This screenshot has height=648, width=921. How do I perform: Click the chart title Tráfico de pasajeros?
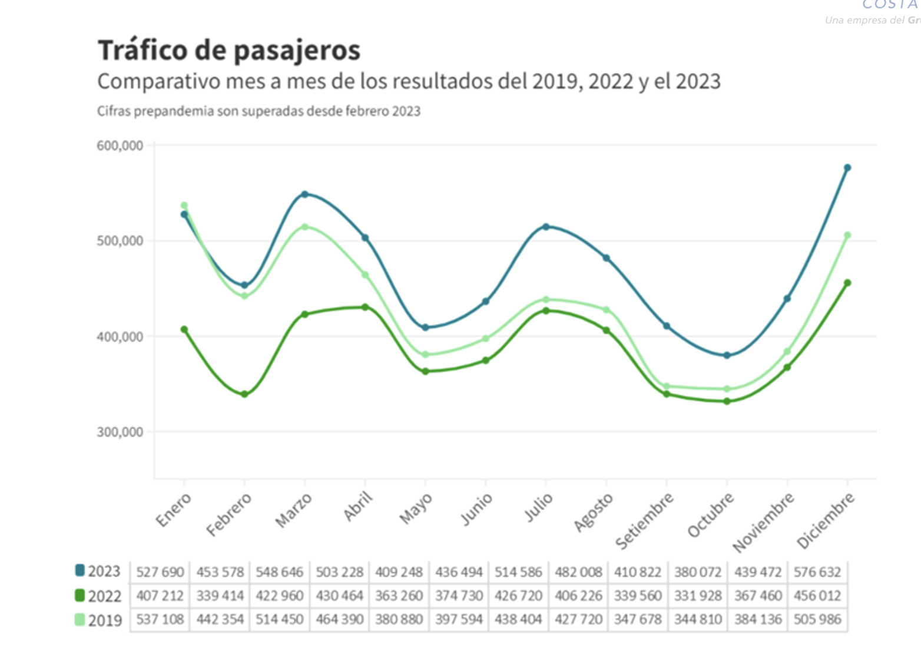pos(229,50)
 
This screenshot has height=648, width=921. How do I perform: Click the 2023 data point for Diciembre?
pos(847,168)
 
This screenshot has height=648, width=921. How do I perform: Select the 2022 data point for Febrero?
pos(244,394)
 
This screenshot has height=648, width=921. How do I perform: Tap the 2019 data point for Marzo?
pos(305,227)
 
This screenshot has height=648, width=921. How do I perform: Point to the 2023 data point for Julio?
pos(546,227)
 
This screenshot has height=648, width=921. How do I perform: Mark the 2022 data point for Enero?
pos(184,330)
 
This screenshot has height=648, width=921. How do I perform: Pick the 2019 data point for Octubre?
pos(727,389)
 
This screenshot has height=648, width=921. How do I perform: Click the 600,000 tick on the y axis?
pos(120,146)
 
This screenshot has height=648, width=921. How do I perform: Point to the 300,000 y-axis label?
pos(120,432)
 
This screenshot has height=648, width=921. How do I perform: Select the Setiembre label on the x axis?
pos(644,521)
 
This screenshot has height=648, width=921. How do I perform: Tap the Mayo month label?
pos(416,508)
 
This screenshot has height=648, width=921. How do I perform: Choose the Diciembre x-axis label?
pos(825,521)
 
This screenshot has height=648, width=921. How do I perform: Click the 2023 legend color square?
pos(80,570)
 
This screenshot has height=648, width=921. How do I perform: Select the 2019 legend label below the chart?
pos(105,620)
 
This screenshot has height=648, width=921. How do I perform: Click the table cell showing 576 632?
pos(817,572)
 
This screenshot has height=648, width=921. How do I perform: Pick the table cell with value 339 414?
pos(220,596)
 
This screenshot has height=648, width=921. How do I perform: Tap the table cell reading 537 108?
pos(160,620)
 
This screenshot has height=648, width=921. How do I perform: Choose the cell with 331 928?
pos(698,596)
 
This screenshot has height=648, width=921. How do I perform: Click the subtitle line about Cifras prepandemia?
pos(259,111)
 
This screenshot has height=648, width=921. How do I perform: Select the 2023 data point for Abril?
pos(365,238)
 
